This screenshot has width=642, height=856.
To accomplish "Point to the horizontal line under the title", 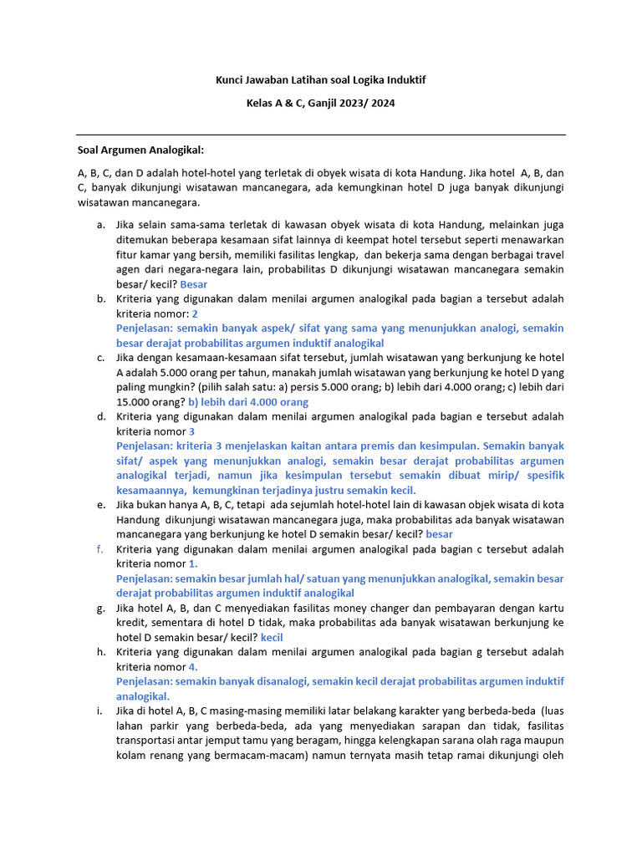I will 321,135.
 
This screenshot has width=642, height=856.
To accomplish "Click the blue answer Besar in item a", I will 193,284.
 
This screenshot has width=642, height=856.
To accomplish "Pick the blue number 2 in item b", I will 195,313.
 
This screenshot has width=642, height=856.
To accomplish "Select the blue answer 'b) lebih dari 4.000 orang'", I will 259,402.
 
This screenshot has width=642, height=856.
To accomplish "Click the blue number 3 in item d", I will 191,431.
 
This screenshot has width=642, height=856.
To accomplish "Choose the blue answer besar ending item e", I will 439,534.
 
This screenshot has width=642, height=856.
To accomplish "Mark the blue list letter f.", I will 99,549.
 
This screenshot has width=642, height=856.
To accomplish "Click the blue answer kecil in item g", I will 273,637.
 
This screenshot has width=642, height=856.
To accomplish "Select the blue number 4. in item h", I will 193,667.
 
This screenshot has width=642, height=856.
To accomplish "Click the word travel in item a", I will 544,255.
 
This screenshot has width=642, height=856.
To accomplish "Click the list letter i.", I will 99,711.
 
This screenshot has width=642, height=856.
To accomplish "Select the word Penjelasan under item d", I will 145,446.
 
